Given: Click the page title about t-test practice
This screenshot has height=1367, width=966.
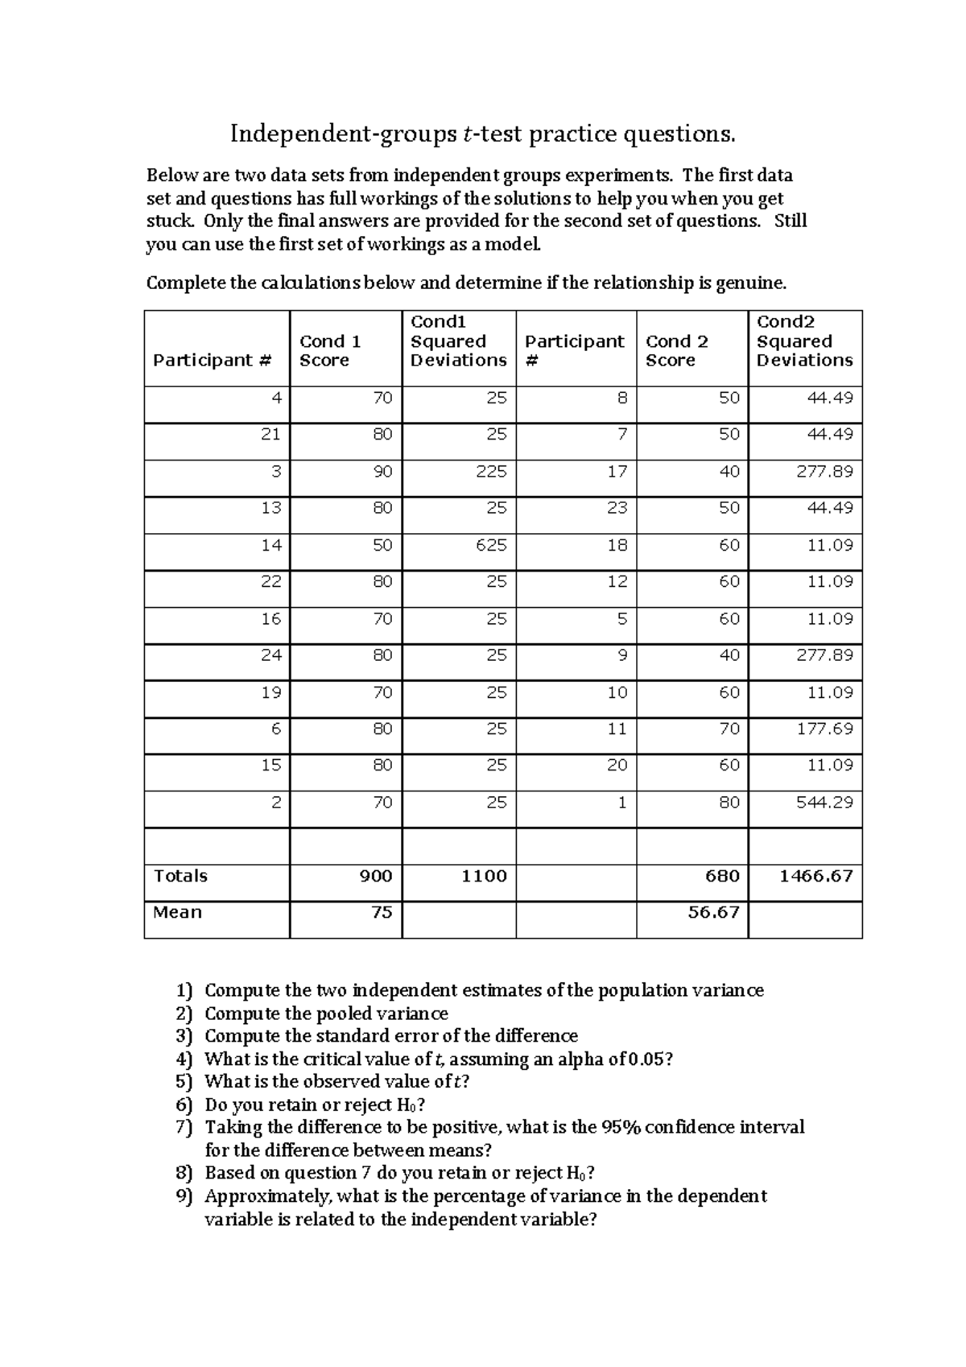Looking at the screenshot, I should click(x=483, y=134).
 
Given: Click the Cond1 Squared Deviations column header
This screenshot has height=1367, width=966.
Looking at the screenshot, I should click(x=458, y=341).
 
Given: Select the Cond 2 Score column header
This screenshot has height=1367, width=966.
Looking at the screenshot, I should click(x=676, y=351).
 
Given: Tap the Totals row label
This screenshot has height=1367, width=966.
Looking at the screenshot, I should click(x=180, y=876).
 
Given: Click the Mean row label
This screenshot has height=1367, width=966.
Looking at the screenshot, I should click(x=177, y=912).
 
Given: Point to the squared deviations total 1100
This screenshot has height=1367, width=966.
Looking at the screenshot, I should click(x=484, y=876).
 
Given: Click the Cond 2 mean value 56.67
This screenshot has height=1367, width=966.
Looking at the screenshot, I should click(x=713, y=912).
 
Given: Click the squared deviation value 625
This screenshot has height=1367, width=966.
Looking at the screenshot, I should click(x=491, y=545).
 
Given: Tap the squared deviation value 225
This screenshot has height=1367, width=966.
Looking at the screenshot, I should click(x=491, y=472).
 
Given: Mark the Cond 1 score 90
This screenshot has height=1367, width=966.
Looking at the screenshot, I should click(x=382, y=472).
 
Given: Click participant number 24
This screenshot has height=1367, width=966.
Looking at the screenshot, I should click(x=270, y=655).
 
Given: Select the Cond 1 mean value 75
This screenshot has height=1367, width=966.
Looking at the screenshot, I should click(x=382, y=912).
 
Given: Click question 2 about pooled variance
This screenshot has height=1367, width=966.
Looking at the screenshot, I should click(x=325, y=1014).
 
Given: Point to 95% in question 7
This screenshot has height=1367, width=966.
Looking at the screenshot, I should click(x=621, y=1127).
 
